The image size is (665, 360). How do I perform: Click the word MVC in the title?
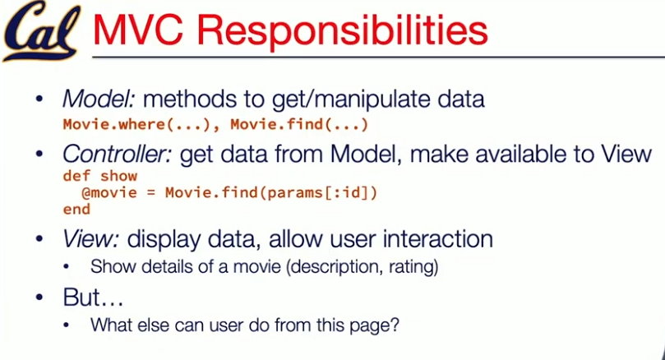click(138, 30)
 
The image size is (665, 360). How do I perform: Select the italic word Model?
click(99, 99)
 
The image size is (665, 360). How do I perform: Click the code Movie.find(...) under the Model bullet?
click(299, 125)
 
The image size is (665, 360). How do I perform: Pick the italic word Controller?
click(117, 154)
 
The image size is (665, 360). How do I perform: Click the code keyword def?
click(76, 176)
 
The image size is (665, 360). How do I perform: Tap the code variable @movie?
click(109, 193)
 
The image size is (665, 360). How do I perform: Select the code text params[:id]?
click(317, 193)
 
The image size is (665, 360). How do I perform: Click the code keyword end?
click(76, 210)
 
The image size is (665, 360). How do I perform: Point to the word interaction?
click(437, 238)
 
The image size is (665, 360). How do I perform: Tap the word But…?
click(94, 297)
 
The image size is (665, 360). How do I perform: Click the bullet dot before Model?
click(39, 99)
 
